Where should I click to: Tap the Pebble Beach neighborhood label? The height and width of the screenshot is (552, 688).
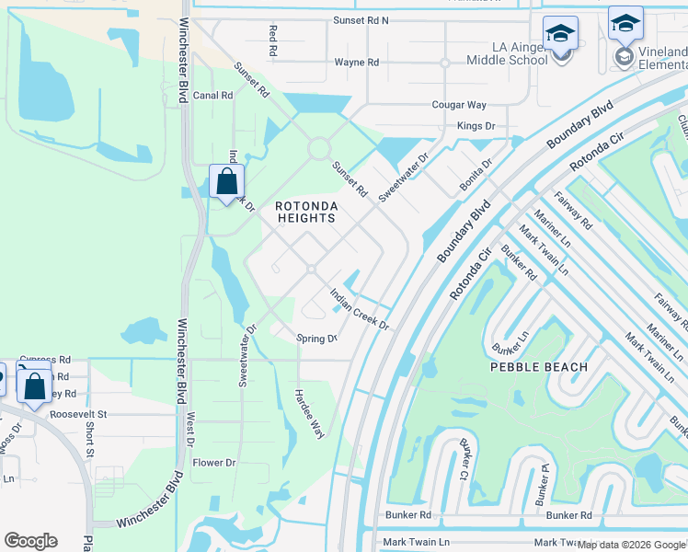coord(538,367)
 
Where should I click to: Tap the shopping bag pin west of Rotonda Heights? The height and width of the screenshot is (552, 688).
coord(226,180)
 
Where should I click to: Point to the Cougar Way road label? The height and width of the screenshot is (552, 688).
coord(459,106)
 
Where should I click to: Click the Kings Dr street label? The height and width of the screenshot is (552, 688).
coord(476,125)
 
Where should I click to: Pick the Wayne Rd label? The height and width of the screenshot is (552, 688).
coord(356,63)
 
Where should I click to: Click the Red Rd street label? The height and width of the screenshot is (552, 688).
coord(273,38)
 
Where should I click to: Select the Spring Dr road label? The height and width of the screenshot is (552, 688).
coord(316,339)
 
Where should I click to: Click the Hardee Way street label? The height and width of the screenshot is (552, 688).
coord(309,412)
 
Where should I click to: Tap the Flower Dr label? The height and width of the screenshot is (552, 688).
coord(214,463)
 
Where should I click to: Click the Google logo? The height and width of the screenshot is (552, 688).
coord(30,541)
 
